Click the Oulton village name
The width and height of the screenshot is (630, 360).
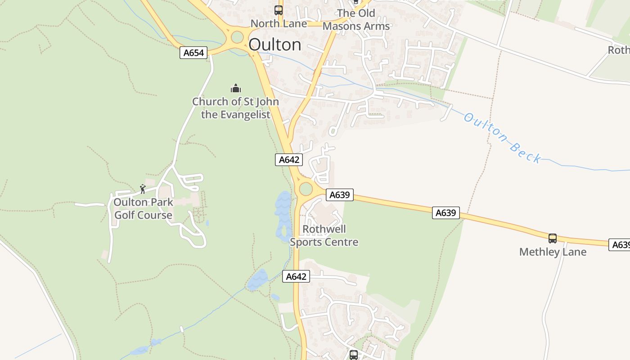274,45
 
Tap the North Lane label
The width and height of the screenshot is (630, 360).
279,23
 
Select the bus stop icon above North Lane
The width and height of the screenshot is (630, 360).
279,10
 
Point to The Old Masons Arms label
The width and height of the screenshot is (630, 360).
356,20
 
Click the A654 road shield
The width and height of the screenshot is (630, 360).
193,53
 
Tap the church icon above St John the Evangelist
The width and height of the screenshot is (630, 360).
235,88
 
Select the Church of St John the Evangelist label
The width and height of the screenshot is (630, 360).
235,108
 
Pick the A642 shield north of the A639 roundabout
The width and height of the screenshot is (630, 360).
289,159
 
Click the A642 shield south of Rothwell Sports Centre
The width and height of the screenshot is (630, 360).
296,276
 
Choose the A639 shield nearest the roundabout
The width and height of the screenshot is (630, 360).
340,195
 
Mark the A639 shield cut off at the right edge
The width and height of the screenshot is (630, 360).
620,244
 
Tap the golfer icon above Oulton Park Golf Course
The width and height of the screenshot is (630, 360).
143,189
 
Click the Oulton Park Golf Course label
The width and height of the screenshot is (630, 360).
143,209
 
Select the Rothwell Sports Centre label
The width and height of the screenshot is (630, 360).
324,235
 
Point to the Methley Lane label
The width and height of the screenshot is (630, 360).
553,252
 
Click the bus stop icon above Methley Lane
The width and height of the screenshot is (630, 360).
553,238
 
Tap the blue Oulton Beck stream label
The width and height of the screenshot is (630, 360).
502,137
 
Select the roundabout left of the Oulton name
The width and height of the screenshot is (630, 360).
237,37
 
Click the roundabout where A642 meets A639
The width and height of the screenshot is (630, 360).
306,189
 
